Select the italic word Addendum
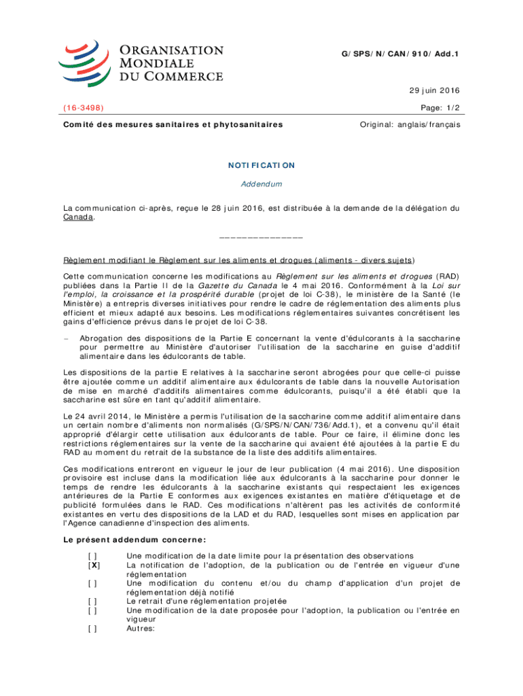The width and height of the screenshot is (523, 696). point(261,184)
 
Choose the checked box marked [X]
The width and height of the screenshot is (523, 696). point(91,565)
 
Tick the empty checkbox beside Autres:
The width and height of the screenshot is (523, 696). point(91,628)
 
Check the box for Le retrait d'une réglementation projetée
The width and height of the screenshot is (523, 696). point(91,601)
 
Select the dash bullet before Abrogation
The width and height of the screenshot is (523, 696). point(66,338)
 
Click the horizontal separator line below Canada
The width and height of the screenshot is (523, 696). point(261,237)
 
